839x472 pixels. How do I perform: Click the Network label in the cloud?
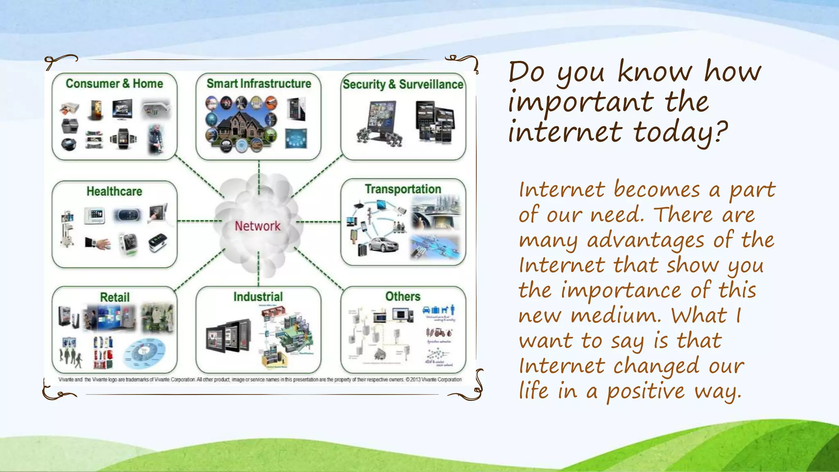[x=257, y=226]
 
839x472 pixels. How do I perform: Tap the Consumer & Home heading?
[x=114, y=84]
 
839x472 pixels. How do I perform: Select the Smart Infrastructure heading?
[x=259, y=84]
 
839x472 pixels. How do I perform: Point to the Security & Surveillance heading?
[x=403, y=84]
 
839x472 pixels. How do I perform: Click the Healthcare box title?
[x=114, y=191]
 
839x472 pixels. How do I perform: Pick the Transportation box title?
[x=403, y=189]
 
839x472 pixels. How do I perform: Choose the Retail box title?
[x=115, y=297]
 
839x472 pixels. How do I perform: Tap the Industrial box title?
[x=258, y=297]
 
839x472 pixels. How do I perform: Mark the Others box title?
[x=403, y=296]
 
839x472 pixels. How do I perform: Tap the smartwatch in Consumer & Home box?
[x=122, y=138]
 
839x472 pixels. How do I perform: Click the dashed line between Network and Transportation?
[x=318, y=222]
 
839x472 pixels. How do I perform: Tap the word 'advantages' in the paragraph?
[x=646, y=241]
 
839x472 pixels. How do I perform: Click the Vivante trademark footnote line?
[x=260, y=380]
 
